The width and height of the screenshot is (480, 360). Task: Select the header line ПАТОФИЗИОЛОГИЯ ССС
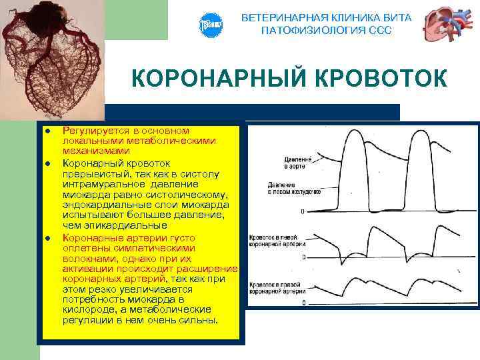(326, 31)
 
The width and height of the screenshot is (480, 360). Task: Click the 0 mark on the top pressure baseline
(303, 212)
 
